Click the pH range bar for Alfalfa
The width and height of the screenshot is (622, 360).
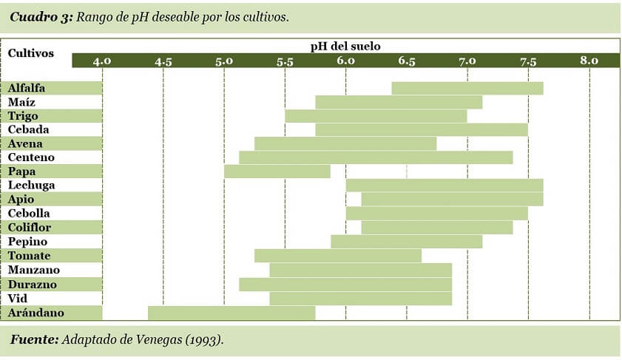click(x=467, y=89)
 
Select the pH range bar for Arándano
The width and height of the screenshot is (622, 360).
click(x=231, y=313)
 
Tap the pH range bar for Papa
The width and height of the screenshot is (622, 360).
click(x=277, y=171)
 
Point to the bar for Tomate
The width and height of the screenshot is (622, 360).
click(x=338, y=256)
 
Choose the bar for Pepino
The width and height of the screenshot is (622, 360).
click(x=406, y=242)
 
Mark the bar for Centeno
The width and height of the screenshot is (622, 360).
click(x=376, y=157)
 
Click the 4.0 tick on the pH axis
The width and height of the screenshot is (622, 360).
click(x=102, y=61)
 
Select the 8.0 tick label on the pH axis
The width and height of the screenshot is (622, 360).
click(x=589, y=61)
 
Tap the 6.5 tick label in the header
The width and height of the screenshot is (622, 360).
click(x=407, y=61)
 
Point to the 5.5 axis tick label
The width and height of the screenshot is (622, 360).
click(x=285, y=61)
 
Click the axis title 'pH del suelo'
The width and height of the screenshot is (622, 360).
click(x=345, y=46)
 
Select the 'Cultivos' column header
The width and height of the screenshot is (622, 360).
click(x=30, y=54)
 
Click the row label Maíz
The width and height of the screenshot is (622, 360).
click(x=21, y=102)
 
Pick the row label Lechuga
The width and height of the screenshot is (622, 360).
click(x=31, y=186)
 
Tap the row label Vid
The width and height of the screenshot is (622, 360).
click(x=17, y=299)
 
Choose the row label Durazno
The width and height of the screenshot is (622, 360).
click(x=32, y=285)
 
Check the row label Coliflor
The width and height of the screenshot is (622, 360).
click(x=30, y=228)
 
